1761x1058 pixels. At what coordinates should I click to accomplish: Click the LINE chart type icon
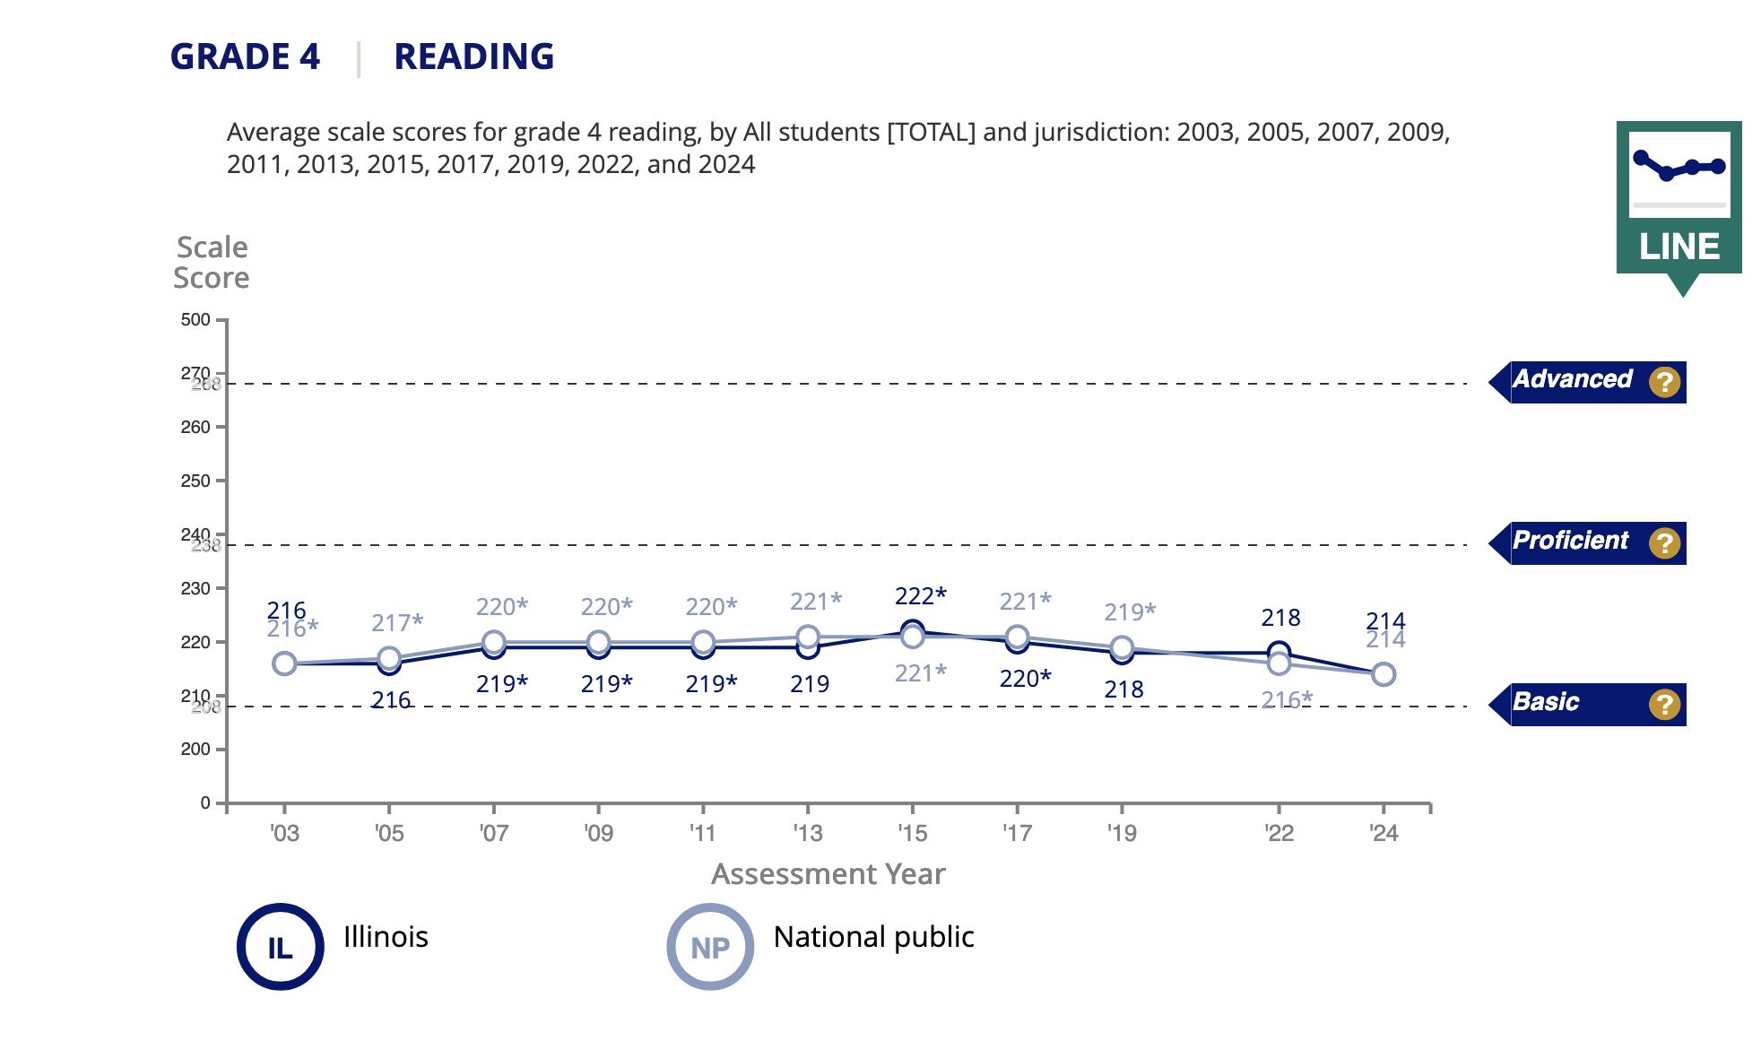(1679, 198)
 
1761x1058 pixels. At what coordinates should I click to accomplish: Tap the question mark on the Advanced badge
(1664, 383)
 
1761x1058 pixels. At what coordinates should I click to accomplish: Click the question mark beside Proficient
(1664, 543)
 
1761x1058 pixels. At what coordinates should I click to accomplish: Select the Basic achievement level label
(1546, 703)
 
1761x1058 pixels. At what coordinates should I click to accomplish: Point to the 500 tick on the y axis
(195, 320)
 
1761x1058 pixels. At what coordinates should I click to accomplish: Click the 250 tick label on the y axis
(195, 481)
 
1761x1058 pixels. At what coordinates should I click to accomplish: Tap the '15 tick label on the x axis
(912, 834)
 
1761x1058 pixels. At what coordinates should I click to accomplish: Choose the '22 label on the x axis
(1279, 834)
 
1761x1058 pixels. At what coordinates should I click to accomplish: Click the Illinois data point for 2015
(913, 629)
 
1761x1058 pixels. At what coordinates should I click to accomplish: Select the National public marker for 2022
(1280, 663)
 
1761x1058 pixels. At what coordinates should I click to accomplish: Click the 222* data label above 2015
(920, 596)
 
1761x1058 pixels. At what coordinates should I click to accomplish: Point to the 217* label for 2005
(397, 623)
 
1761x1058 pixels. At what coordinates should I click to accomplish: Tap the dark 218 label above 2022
(1280, 618)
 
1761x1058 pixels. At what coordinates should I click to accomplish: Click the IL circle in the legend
(281, 947)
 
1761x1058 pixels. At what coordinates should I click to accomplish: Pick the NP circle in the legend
(710, 947)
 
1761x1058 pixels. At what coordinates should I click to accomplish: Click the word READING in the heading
(473, 56)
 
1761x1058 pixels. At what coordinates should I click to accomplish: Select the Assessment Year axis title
(828, 874)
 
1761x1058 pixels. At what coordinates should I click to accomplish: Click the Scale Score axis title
(212, 263)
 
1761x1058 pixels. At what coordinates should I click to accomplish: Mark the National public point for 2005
(389, 658)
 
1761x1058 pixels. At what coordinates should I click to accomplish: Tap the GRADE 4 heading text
(245, 56)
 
